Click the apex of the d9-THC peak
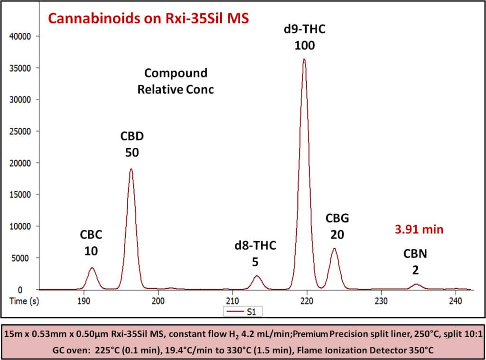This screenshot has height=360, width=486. click(x=304, y=59)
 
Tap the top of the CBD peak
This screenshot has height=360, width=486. click(x=131, y=169)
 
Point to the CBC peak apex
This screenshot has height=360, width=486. click(x=92, y=268)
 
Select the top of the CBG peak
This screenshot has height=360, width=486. click(x=334, y=248)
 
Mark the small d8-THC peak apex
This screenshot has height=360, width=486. click(x=257, y=276)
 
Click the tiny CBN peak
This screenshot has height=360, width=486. click(x=416, y=284)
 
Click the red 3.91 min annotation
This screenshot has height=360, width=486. click(x=419, y=229)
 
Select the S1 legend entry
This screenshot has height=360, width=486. click(x=243, y=312)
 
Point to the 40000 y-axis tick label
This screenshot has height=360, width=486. click(x=22, y=36)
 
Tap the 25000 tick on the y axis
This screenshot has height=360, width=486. click(x=22, y=131)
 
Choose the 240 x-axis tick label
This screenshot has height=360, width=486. click(x=455, y=300)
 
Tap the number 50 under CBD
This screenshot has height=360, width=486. click(x=131, y=152)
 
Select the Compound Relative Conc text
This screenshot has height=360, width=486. click(x=176, y=81)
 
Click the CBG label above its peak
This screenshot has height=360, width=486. click(x=337, y=218)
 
